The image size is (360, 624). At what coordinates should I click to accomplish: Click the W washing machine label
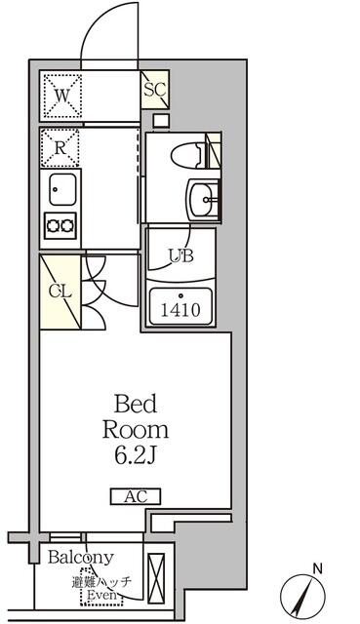point(60,97)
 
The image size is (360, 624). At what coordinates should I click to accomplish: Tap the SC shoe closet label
point(154,91)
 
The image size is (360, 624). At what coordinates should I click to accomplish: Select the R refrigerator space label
point(60,149)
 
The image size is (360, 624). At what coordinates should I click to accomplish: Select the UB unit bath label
point(180,256)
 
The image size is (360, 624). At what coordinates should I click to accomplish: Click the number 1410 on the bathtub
point(183,312)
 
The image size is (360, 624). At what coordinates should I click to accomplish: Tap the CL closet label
point(59,291)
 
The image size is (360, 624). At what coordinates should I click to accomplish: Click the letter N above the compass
point(316,568)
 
